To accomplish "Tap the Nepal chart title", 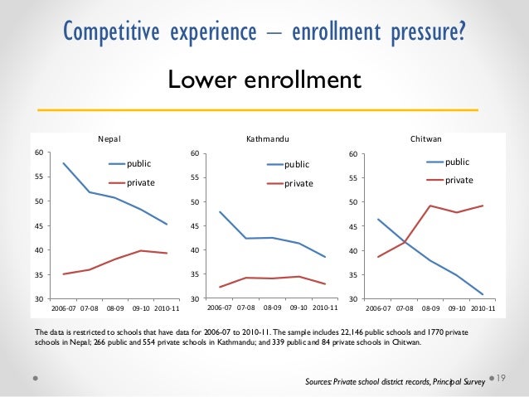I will (109, 139).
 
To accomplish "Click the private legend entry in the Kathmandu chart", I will (298, 183).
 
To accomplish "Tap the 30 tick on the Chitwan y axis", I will (353, 298).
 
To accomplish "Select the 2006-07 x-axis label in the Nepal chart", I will (65, 307).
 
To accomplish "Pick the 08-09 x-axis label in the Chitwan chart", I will (430, 307).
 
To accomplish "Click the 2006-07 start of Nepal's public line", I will (63, 163).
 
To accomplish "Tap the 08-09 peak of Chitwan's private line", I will (430, 206).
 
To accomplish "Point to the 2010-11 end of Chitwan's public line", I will (483, 294).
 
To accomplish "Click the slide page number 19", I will (500, 377).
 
